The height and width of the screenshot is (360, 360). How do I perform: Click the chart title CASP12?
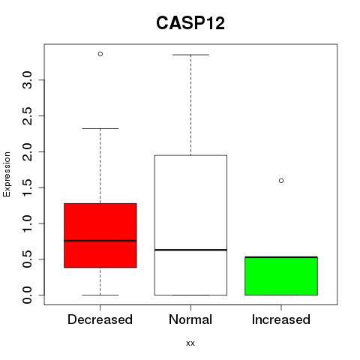coord(190,23)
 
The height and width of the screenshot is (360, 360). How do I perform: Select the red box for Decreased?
coord(100,235)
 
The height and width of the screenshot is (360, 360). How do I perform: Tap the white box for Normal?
coord(190,225)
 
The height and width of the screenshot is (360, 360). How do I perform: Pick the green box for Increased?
coord(281,276)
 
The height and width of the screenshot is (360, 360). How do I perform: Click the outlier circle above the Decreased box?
coord(100,54)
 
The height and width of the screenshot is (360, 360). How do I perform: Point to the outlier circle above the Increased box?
coord(281,181)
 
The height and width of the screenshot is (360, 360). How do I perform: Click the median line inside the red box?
coord(100,241)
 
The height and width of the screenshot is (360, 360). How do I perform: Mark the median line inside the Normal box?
coord(190,250)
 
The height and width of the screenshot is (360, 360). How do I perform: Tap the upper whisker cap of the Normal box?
coord(190,55)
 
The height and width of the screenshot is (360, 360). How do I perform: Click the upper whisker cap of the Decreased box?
coord(100,128)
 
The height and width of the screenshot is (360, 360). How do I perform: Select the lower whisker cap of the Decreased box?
coord(100,295)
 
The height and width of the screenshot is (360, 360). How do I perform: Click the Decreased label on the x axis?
coord(100,319)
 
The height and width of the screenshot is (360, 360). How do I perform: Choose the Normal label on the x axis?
coord(190,319)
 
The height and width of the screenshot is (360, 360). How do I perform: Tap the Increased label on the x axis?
coord(281,319)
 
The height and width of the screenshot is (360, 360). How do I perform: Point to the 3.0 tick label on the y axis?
coord(27,80)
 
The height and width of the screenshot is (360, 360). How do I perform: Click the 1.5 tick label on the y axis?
coord(27,187)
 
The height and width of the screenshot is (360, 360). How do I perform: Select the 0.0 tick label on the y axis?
coord(27,295)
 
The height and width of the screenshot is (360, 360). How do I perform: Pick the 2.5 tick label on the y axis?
coord(27,115)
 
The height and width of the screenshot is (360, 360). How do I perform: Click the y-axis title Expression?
coord(7,175)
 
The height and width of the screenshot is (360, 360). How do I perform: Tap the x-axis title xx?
coord(190,343)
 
